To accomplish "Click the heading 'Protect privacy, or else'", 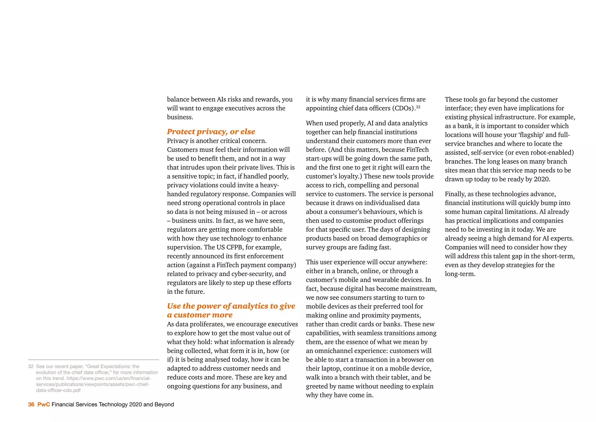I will coord(211,132).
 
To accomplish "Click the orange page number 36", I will coord(31,405).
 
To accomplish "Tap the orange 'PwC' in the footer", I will coord(44,405).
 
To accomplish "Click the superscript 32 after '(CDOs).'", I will coord(418,107).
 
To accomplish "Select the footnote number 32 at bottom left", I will coord(31,367).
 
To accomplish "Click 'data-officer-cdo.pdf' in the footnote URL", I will coord(58,391).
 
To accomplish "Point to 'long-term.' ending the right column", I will coord(460,274).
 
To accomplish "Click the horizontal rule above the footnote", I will coord(93,360).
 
